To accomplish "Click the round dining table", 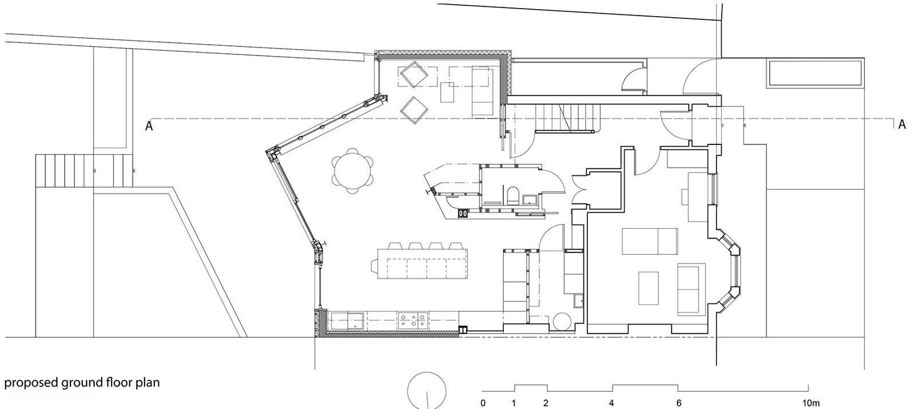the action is [352, 171].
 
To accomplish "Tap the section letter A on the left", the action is [149, 125].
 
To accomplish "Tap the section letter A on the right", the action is [902, 124].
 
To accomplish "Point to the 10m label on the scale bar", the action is [811, 403].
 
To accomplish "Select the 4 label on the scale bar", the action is [611, 403].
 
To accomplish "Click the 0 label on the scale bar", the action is [483, 403].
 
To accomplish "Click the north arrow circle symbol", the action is [427, 390].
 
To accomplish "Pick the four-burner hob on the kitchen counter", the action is [413, 320].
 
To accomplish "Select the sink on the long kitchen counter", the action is [347, 321].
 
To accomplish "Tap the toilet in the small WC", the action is [512, 195].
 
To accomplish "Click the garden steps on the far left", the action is [84, 171].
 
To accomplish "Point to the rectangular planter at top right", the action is [816, 74].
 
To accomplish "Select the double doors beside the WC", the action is [579, 190].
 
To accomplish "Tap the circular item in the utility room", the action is [561, 322].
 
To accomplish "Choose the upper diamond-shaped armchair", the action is [414, 74].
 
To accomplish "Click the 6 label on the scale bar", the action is [679, 403].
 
